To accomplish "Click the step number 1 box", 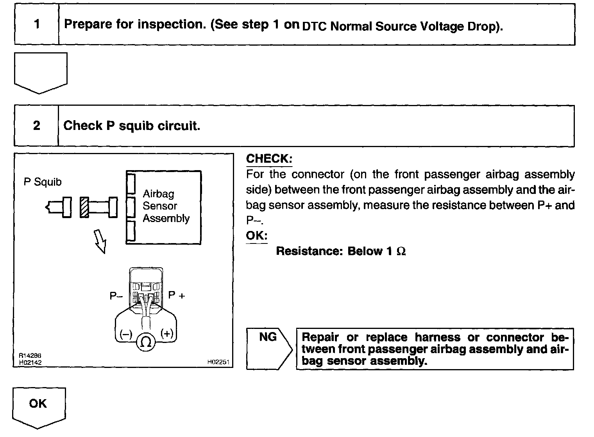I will pos(37,24).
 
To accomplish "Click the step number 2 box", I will pos(36,126).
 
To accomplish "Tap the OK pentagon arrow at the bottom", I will pos(38,406).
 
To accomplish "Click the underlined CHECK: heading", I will pos(269,158).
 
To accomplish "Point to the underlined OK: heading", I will pos(257,236).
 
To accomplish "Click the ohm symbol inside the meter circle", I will pos(145,342).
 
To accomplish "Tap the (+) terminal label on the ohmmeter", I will pos(167,334).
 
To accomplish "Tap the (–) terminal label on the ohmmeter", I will pos(126,334).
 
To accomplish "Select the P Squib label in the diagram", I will pos(43,182).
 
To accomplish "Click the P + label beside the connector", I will pos(177,295).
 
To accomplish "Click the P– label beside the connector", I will pos(116,296).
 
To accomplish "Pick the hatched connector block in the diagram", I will pos(84,207).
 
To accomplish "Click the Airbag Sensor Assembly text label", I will pos(166,206).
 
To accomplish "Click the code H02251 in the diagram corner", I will pos(218,362).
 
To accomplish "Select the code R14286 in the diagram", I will pos(30,356).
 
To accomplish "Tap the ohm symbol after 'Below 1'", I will pos(401,251).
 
